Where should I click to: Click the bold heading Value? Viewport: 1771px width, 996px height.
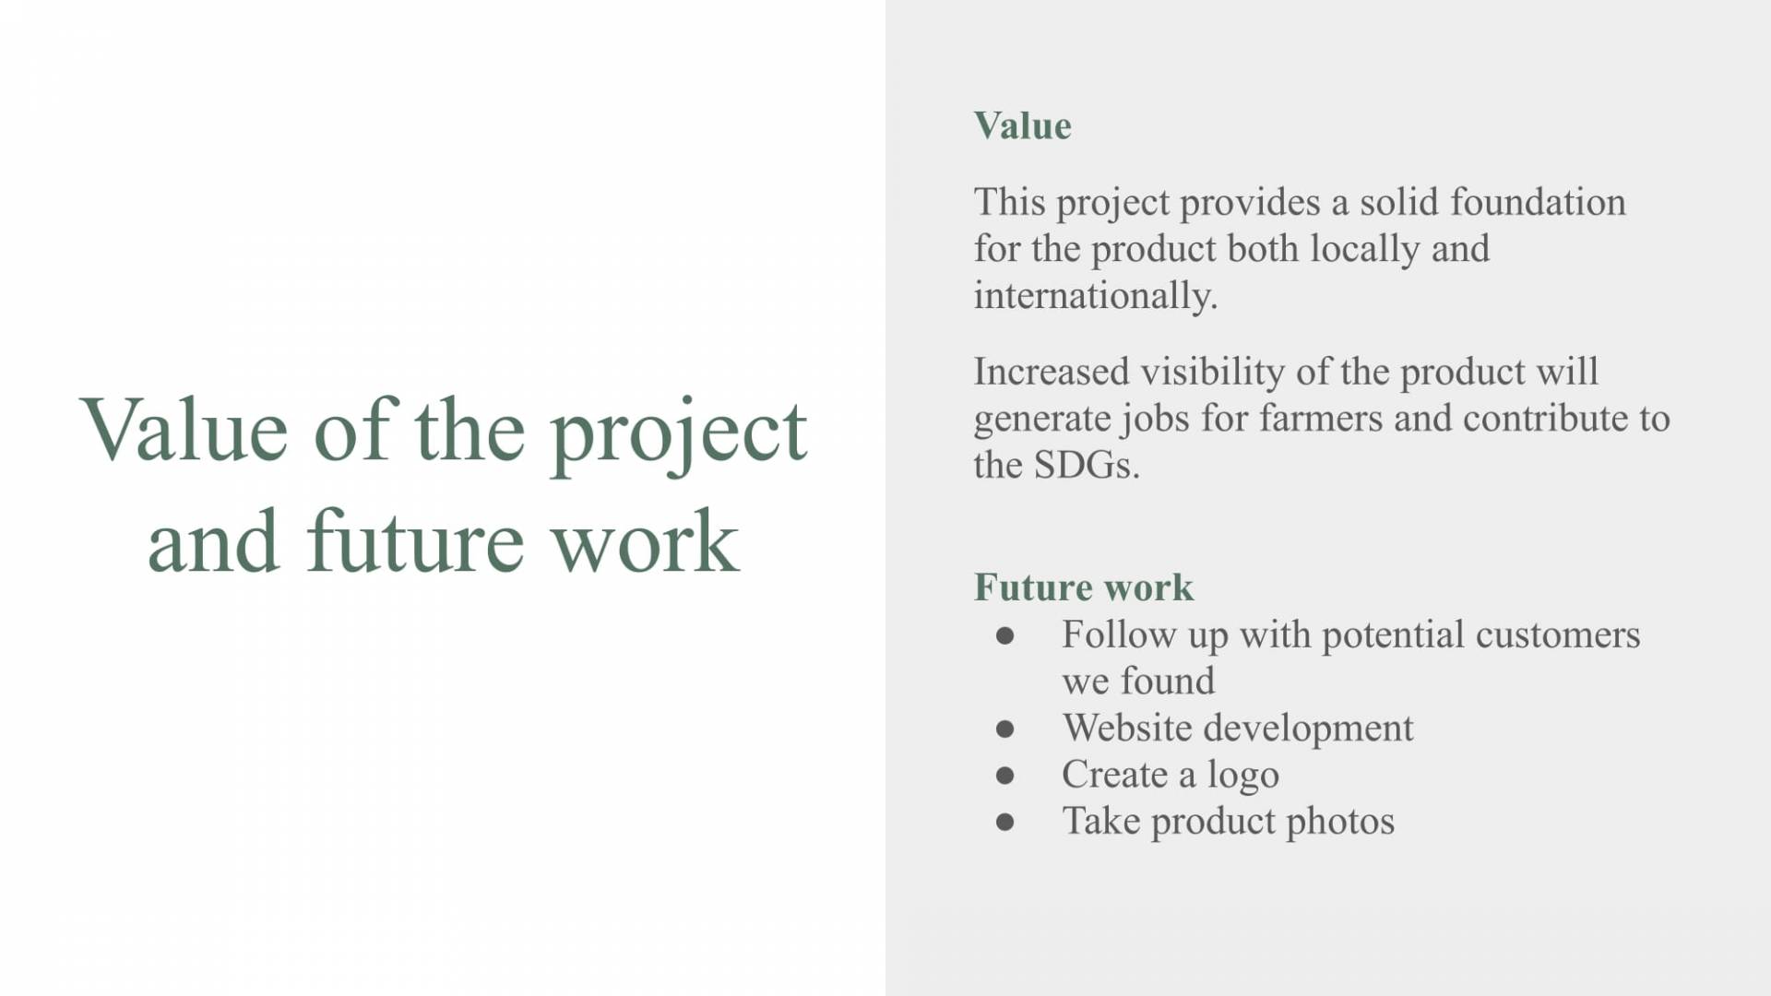click(1022, 125)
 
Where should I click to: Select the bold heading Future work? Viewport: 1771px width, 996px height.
click(1084, 587)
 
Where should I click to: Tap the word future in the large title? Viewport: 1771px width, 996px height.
click(415, 542)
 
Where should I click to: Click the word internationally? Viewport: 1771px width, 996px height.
click(1096, 296)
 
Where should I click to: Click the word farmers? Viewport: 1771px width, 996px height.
click(1321, 419)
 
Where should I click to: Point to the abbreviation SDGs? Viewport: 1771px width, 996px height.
click(1086, 466)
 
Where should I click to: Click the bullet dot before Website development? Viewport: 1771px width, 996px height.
click(1005, 729)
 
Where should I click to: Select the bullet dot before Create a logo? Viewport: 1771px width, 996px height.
click(1005, 776)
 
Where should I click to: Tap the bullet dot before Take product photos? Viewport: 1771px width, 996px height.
click(1005, 822)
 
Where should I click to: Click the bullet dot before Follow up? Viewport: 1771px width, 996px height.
click(1005, 635)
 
